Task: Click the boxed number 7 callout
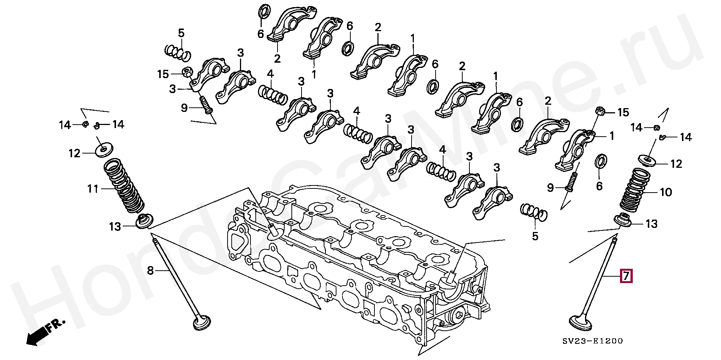coord(626,276)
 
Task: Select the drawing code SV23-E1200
coord(593,341)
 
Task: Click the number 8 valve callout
coord(150,270)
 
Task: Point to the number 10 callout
coord(666,192)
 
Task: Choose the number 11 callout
coord(93,189)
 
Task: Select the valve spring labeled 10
coord(634,190)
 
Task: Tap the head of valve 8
coord(202,324)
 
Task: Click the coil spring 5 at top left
coord(178,53)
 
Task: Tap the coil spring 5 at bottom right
coord(534,212)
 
